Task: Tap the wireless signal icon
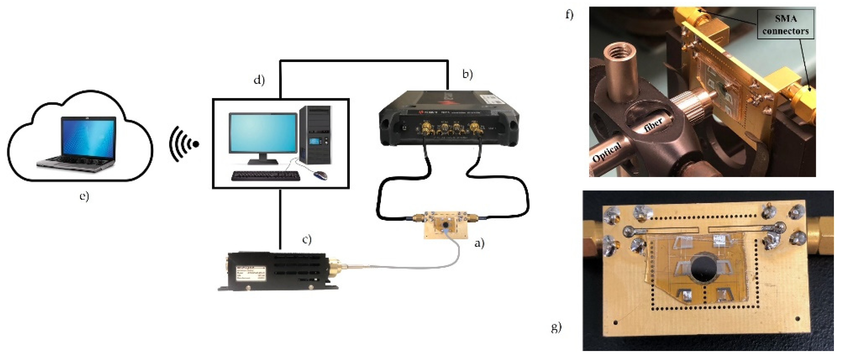tap(184, 144)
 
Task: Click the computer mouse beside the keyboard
tap(320, 175)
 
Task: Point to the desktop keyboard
tap(265, 176)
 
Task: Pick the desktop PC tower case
tap(315, 135)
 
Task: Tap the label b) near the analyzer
tap(467, 74)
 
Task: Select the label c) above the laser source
tap(307, 239)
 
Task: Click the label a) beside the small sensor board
tap(479, 243)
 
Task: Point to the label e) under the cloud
tap(84, 196)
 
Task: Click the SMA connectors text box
tap(785, 24)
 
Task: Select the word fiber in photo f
tap(653, 125)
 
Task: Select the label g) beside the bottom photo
tap(556, 327)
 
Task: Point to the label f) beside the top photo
tap(569, 15)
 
